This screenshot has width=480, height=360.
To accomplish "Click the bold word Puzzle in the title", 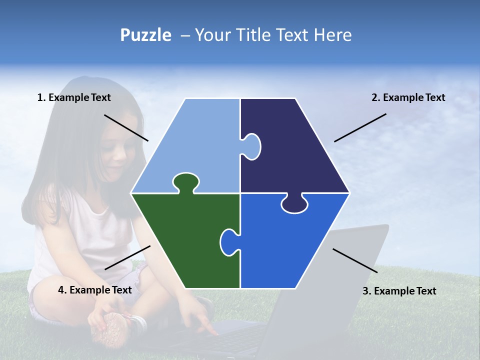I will [145, 35].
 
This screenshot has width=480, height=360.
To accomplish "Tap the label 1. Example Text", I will [74, 97].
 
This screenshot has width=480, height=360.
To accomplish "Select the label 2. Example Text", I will [408, 97].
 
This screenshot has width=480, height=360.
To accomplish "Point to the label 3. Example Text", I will [399, 291].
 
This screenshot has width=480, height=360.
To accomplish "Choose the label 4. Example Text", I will [95, 290].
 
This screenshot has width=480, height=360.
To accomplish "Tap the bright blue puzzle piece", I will [290, 245].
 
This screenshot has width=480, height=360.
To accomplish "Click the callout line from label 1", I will [126, 127].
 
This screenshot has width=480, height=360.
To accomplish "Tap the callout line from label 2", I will [360, 127].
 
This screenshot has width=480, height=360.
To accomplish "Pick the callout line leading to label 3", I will [355, 260].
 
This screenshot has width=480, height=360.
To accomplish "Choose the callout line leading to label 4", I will [127, 257].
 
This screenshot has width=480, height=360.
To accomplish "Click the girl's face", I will [116, 150].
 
